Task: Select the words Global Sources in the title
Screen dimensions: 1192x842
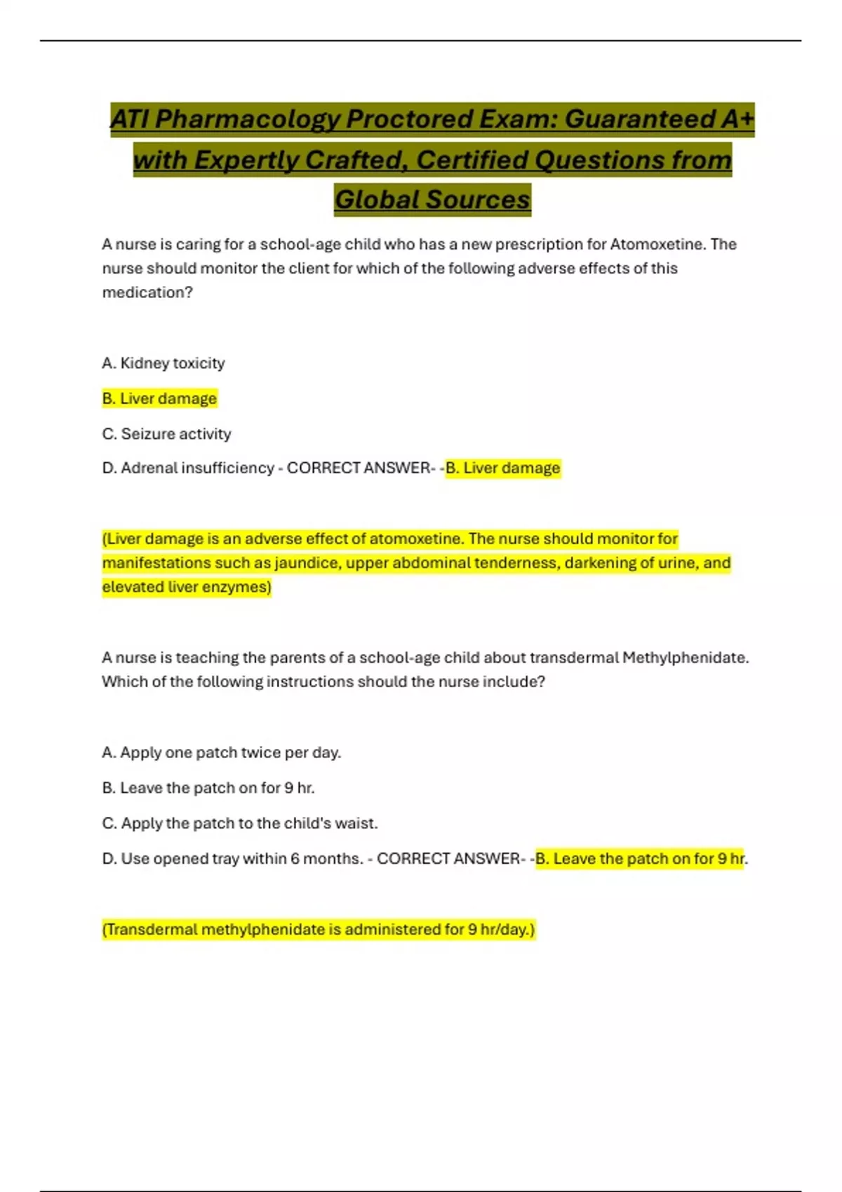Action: (432, 200)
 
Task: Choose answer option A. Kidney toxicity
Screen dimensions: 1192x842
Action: (163, 363)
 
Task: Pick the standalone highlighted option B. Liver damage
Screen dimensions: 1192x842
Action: (159, 398)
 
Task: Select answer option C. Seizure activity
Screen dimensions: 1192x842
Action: (166, 434)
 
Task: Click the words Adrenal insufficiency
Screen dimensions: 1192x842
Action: (197, 468)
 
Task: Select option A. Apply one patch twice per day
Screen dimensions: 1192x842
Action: (222, 752)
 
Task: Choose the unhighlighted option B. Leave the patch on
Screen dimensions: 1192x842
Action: (208, 788)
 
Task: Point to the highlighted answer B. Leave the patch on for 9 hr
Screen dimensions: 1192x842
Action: (639, 859)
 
